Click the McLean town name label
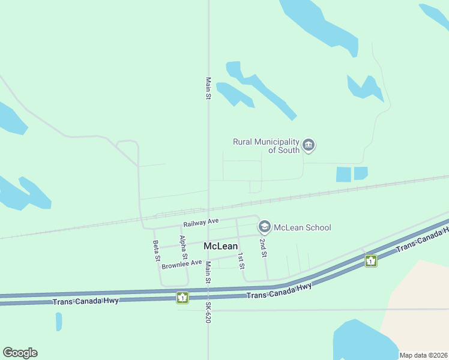[221, 246]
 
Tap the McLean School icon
[264, 227]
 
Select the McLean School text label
[302, 227]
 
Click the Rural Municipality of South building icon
[309, 145]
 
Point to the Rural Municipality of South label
[266, 146]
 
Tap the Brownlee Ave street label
[182, 263]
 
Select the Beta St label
[157, 250]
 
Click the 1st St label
[241, 260]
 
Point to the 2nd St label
[262, 247]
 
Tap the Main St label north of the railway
[208, 88]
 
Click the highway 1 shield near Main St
[182, 297]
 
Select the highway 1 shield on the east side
[371, 260]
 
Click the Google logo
[20, 353]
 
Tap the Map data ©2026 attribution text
[424, 355]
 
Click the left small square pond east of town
[343, 174]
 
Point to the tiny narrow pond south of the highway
[59, 322]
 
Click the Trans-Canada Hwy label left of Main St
[86, 301]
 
